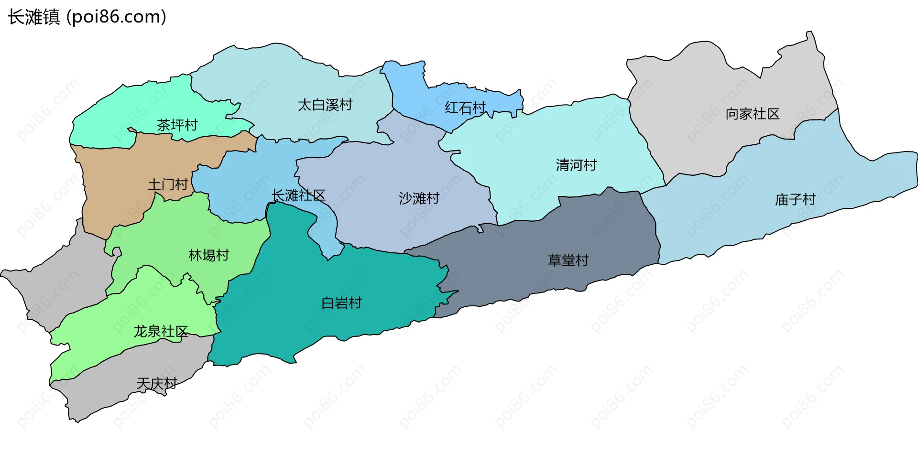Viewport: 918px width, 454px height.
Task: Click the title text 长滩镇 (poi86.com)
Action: [87, 17]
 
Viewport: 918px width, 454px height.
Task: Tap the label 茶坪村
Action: [177, 125]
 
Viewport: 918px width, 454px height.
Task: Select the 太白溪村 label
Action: [325, 105]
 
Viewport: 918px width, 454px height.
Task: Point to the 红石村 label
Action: [465, 108]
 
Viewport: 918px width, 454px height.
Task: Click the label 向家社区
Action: [753, 114]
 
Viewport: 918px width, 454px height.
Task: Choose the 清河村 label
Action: [576, 165]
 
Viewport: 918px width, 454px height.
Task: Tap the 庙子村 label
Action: [795, 199]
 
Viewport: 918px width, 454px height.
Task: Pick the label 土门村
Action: [167, 184]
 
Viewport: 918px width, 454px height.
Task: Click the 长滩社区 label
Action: [298, 195]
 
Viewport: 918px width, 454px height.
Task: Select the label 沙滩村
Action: [419, 198]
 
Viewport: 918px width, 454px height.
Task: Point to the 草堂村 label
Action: [568, 260]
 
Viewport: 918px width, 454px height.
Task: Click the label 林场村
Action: [209, 255]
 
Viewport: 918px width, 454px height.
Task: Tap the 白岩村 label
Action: [341, 303]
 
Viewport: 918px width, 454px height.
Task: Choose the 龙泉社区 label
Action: [161, 331]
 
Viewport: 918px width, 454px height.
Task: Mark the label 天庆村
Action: [157, 383]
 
